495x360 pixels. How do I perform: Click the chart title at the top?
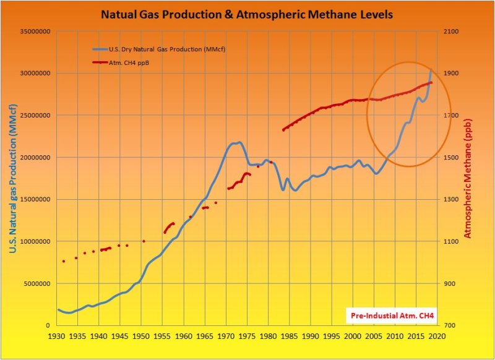[247, 13]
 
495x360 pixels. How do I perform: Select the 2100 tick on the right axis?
[450, 31]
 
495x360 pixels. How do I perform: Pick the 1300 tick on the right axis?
[450, 200]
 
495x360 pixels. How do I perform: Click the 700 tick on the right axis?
[448, 326]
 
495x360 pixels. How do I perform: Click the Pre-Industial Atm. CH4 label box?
[393, 316]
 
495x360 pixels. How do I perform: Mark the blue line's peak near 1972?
[238, 142]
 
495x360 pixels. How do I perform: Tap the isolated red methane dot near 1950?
[144, 241]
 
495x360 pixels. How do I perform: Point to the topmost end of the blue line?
[431, 69]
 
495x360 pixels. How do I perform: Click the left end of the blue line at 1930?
[58, 309]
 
